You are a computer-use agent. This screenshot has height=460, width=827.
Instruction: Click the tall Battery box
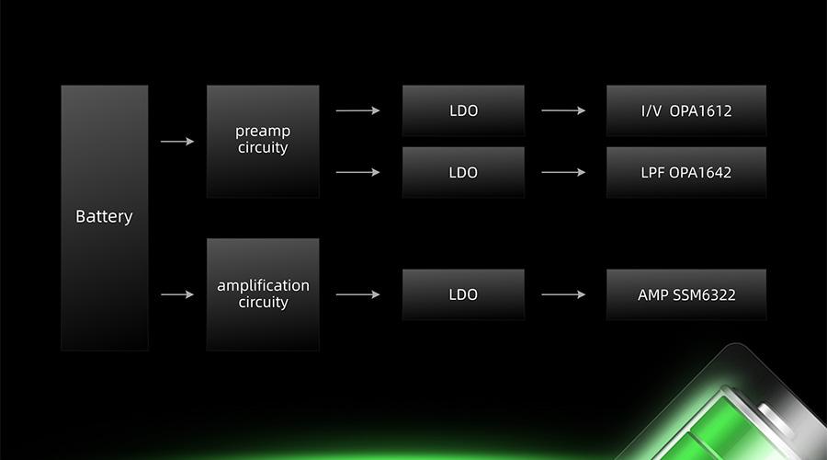click(105, 218)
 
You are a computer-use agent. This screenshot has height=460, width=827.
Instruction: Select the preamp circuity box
click(263, 142)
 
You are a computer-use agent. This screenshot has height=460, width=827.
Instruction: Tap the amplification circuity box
click(263, 294)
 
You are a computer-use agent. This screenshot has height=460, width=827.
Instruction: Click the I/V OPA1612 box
click(686, 111)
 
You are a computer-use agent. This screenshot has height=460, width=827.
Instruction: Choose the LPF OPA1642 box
click(686, 172)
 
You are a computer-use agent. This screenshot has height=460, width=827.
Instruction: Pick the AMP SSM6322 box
click(686, 294)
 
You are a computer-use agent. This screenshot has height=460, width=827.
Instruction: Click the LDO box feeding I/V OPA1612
click(463, 111)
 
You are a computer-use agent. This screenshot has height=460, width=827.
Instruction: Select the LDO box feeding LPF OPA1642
click(463, 172)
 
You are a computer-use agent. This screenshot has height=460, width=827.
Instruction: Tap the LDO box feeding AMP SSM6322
click(463, 294)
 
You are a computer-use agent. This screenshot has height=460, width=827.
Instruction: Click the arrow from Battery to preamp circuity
click(177, 142)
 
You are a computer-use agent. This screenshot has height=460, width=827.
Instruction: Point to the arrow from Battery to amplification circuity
click(177, 294)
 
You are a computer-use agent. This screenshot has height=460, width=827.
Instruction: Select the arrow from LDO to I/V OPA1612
click(563, 110)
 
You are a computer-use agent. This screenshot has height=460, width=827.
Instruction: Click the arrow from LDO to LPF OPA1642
click(563, 172)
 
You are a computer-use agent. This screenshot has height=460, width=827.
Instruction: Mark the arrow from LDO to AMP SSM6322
click(563, 294)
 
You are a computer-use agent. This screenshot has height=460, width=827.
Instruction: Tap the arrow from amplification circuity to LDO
click(357, 294)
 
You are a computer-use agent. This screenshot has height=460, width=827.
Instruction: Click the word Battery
click(104, 216)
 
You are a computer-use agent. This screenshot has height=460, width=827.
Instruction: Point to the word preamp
click(263, 132)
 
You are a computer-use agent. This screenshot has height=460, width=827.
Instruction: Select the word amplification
click(263, 285)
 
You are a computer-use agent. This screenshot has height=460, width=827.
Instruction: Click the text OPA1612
click(700, 111)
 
